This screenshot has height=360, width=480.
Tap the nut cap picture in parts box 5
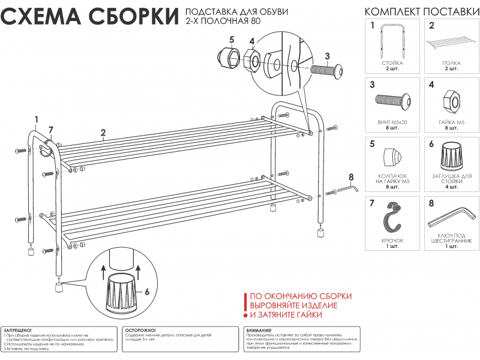(393, 157)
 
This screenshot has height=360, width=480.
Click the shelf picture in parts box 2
(452, 44)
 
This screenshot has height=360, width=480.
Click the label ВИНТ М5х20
(392, 122)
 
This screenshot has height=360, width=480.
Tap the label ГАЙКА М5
(452, 122)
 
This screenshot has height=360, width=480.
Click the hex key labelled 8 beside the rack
(347, 189)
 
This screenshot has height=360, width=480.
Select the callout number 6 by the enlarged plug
(146, 292)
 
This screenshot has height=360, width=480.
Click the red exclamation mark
(245, 304)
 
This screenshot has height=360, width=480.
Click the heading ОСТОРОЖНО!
(141, 331)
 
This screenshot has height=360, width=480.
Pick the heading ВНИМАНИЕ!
(259, 331)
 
